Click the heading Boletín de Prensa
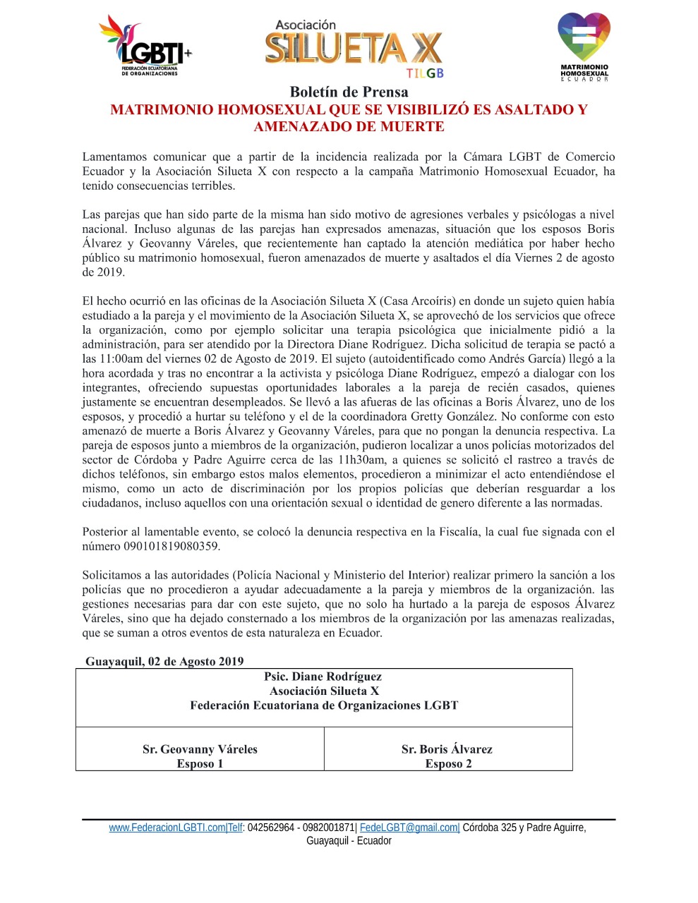[349, 92]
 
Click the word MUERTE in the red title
[412, 127]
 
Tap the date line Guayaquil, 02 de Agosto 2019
[164, 661]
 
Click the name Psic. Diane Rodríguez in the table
[323, 677]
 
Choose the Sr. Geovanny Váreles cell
[200, 749]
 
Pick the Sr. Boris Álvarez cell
[447, 749]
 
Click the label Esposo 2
[448, 764]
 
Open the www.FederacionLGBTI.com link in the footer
[167, 828]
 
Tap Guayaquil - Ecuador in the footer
[349, 841]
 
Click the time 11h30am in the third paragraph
[361, 460]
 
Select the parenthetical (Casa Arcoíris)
[419, 301]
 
